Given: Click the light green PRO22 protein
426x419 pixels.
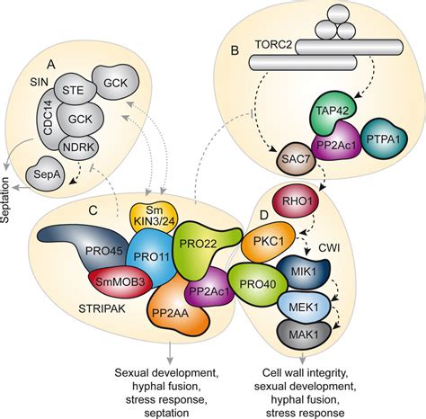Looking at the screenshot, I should [x=202, y=246].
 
